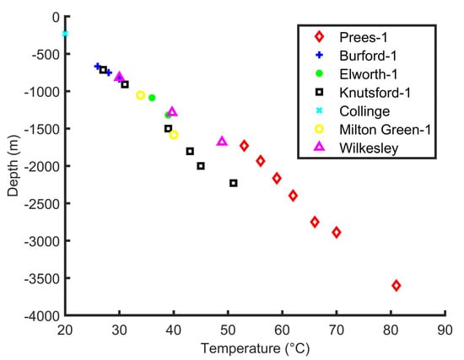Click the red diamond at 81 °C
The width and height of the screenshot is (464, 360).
[x=396, y=286]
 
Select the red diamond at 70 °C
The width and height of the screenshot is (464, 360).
[x=337, y=232]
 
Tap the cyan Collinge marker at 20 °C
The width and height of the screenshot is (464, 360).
[x=65, y=34]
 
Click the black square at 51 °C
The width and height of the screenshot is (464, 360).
[x=234, y=183]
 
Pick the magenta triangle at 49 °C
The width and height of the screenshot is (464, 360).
[x=222, y=142]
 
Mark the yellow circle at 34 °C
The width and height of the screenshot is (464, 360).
[x=141, y=95]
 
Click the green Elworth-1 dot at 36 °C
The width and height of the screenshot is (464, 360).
[x=152, y=98]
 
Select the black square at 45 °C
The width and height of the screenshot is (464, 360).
[x=201, y=166]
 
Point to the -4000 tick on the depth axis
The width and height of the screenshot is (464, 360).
[x=64, y=316]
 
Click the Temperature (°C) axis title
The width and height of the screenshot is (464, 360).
[x=254, y=347]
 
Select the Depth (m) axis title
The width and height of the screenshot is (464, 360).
[x=13, y=167]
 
